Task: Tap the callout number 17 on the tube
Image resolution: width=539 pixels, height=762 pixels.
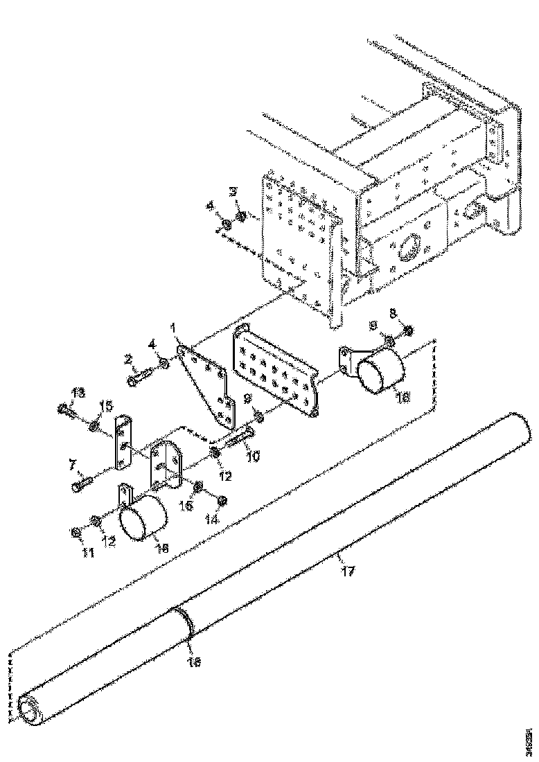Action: (x=347, y=571)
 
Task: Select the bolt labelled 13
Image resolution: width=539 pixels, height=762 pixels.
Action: (x=67, y=410)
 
